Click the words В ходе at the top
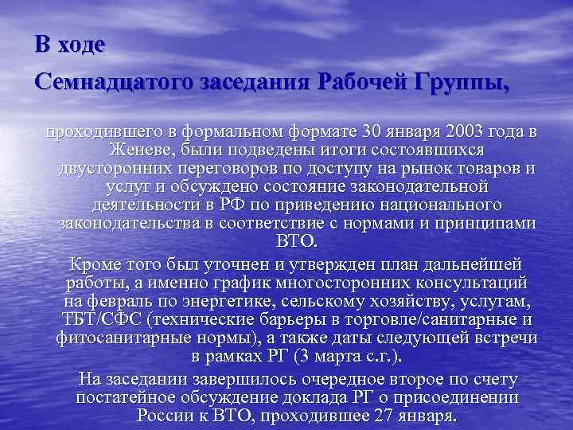[70, 43]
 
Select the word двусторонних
[107, 168]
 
